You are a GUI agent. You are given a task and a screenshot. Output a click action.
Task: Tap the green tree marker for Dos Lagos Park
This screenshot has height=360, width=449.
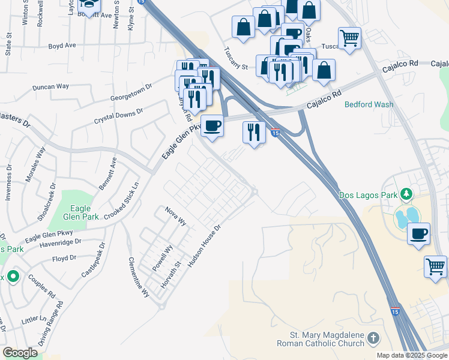point(407,194)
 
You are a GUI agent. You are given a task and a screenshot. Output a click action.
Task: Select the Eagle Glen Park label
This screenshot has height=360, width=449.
point(76,200)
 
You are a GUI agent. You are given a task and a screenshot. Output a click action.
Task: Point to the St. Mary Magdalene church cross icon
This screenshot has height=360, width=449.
point(374,339)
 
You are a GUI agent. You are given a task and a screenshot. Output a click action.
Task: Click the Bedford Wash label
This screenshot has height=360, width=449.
point(369,104)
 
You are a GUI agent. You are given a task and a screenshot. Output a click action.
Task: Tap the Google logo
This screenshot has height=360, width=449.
point(20,353)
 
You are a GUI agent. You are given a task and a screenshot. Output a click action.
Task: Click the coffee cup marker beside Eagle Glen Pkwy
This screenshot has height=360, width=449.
point(212,127)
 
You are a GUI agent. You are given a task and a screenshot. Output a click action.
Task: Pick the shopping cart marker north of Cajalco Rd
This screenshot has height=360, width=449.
point(349,39)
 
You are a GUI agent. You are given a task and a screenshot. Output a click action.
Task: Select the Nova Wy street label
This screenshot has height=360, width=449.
point(176,217)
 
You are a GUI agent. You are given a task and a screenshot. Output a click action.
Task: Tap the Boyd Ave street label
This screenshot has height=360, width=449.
point(62,45)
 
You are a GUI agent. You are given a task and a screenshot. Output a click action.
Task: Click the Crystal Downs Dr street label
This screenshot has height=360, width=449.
point(119,116)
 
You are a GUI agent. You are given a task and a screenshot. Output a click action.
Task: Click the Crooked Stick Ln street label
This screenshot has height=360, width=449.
point(122,201)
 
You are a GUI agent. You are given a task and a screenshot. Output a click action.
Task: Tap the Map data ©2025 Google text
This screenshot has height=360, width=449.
point(411,355)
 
